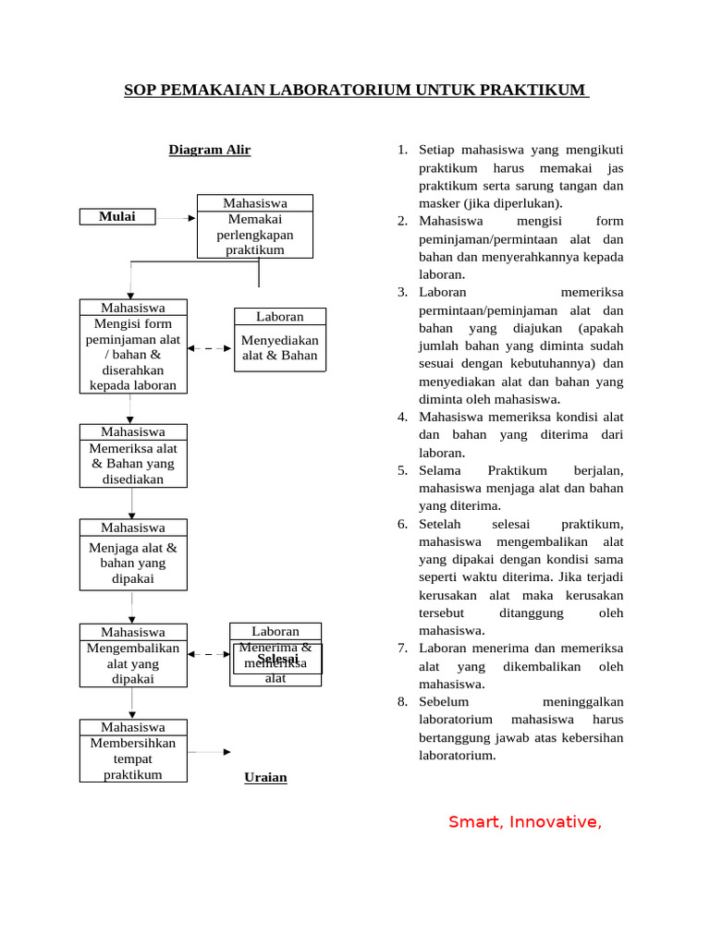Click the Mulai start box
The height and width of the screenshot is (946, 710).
tap(117, 217)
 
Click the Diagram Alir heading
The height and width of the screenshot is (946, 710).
tap(209, 150)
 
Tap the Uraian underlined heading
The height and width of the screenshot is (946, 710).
tap(265, 778)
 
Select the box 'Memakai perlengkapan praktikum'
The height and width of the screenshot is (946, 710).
tap(254, 235)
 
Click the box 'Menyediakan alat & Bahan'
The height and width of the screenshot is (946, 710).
tap(279, 347)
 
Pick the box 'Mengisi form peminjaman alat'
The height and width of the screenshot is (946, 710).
tap(133, 355)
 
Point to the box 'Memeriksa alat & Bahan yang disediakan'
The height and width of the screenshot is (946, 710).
tap(133, 464)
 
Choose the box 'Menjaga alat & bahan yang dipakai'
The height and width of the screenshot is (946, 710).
tap(133, 563)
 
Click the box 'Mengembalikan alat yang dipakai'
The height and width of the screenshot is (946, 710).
tap(133, 663)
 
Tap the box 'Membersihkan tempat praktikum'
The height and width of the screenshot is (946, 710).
tap(133, 758)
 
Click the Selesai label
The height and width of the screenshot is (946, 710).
tap(277, 660)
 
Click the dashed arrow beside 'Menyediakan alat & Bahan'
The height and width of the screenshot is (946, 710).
tap(211, 348)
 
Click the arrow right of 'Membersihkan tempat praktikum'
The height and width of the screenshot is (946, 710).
tap(210, 752)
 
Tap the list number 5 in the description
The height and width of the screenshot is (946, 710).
tap(403, 470)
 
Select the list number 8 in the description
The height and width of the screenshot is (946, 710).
tap(403, 702)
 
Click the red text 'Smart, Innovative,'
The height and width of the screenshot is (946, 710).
tap(525, 821)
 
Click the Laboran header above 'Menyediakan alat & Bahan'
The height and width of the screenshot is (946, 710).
tap(279, 317)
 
